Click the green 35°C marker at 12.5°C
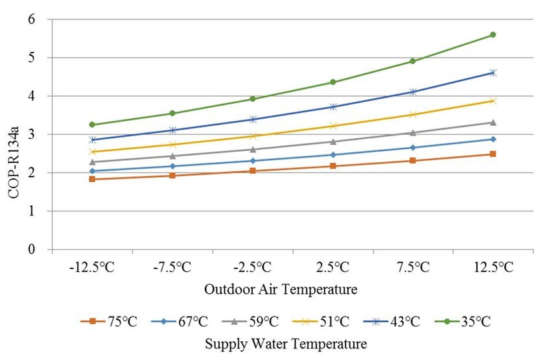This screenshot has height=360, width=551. tap(493, 34)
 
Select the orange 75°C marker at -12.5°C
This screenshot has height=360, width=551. tap(92, 179)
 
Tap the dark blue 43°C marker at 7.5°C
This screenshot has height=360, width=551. tap(412, 92)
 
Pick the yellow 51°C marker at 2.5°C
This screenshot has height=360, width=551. tap(333, 126)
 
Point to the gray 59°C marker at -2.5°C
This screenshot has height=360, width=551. tap(252, 149)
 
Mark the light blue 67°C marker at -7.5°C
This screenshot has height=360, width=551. tap(172, 166)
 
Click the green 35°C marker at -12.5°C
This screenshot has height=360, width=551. tap(92, 125)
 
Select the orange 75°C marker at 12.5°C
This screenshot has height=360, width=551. tap(493, 154)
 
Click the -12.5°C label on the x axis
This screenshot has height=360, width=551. tap(92, 267)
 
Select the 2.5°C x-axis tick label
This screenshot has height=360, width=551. tap(333, 267)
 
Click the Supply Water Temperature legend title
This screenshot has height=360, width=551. tap(286, 343)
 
